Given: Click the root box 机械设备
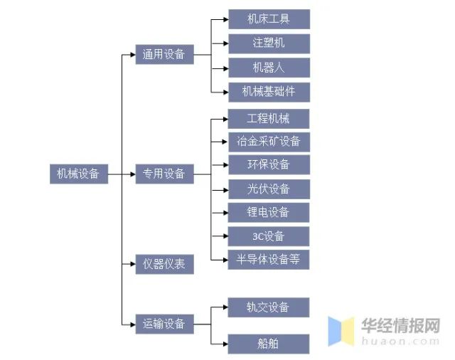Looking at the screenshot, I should pos(78,174).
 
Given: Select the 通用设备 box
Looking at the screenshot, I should pos(164,54).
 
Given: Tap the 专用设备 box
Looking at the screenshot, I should pos(164,174).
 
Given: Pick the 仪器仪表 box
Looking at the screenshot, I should pos(164,264).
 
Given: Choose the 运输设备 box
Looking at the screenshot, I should pos(164,324).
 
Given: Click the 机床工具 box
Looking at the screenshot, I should pos(268,18).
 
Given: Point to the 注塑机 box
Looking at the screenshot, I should pos(268,43).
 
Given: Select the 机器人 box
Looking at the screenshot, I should pos(268,68).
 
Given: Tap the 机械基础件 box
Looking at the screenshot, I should pos(268,92).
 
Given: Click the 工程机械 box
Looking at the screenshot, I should pos(268,118).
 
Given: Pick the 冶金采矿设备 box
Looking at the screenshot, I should pos(268,142).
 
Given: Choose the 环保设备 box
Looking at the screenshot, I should pos(268,165).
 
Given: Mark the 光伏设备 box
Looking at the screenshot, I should pos(268,189).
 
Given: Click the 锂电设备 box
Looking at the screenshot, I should pos(268,212).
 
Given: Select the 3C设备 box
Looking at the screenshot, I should pos(268,235).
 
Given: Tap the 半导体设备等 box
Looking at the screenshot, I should pos(268,260).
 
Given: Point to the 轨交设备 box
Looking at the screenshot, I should pos(268,307).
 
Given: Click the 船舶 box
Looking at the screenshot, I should pos(268,344).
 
